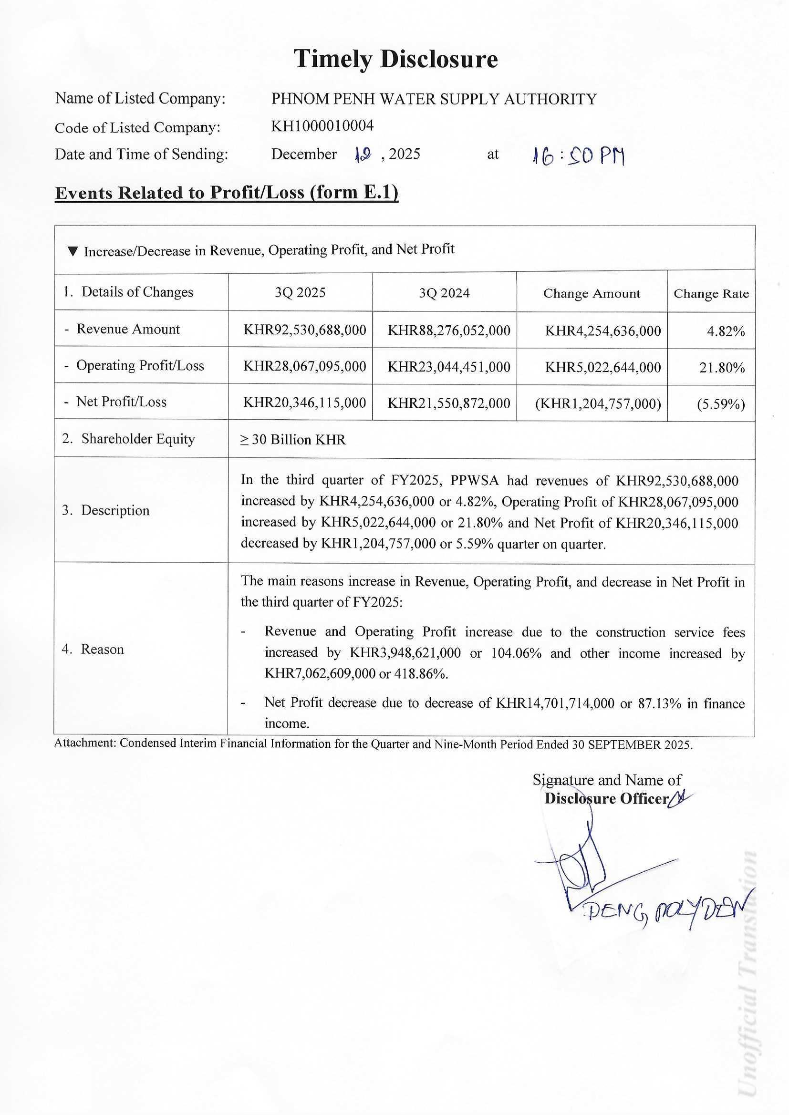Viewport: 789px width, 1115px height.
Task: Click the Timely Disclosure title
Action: pos(395,59)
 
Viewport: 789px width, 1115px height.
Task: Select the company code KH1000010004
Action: pos(322,126)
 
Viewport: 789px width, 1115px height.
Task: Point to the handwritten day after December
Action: pos(363,155)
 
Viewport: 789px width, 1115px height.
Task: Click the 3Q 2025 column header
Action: pos(300,292)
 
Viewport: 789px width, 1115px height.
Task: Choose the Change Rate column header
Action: pos(711,294)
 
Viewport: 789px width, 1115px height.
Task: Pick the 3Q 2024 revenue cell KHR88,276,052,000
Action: pos(449,330)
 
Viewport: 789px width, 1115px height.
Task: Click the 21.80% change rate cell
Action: pos(722,368)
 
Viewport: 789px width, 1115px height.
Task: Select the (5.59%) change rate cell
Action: pos(720,404)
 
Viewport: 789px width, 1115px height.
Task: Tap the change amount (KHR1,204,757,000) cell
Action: pos(598,404)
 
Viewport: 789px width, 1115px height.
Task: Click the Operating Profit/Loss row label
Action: pos(140,366)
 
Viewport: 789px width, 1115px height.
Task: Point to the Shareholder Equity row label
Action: pos(138,439)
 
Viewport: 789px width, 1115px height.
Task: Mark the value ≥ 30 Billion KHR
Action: pos(293,440)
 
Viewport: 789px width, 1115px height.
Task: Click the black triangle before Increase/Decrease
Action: pos(73,251)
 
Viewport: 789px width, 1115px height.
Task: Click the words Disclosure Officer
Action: pos(606,799)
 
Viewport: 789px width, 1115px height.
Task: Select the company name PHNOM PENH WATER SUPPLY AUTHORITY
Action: pos(434,99)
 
